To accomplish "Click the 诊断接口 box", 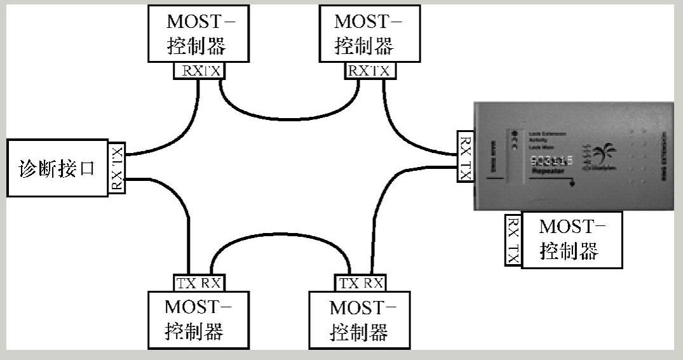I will [x=57, y=168].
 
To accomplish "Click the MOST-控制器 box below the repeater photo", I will [x=571, y=240].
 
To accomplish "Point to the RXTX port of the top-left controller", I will [x=199, y=70].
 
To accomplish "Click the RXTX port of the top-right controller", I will [x=368, y=70].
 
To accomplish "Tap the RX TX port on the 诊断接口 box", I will [x=117, y=168].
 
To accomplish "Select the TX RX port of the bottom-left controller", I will [x=198, y=283].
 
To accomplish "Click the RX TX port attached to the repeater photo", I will [x=466, y=156].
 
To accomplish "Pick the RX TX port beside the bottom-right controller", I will [x=513, y=240].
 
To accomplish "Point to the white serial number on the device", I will [x=552, y=163].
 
